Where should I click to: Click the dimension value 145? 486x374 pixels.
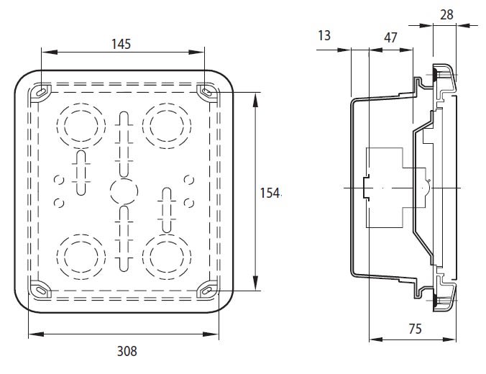(x=121, y=44)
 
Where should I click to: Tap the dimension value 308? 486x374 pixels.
(x=126, y=352)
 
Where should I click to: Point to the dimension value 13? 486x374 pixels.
(x=324, y=36)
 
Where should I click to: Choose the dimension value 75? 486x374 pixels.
(x=413, y=329)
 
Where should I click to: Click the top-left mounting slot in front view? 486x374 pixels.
(x=41, y=91)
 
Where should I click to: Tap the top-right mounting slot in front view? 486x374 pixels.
(x=207, y=91)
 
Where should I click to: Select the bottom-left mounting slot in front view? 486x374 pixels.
(x=41, y=288)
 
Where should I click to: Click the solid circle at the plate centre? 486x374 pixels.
(x=123, y=192)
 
